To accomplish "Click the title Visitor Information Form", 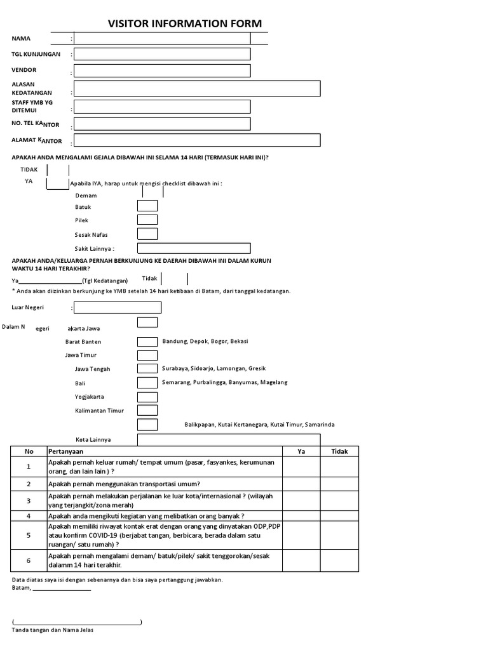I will tap(184, 23).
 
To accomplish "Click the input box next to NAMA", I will tap(162, 39).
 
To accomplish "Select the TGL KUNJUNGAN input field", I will tap(162, 55).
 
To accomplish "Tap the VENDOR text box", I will tap(162, 71).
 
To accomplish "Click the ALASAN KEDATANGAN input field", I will tap(197, 88).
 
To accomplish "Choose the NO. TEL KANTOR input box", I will tap(162, 124).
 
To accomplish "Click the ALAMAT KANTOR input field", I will tap(197, 140).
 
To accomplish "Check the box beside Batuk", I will tap(147, 206).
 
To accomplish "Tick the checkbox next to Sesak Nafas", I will tap(147, 234).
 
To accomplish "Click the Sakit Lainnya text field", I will tap(229, 248).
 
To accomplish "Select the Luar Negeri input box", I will tap(118, 308).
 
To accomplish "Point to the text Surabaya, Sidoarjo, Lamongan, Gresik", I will tap(214, 369).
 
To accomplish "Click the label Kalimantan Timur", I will tap(100, 411).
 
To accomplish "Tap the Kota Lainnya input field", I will tap(229, 439).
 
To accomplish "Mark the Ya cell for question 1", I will tap(301, 467).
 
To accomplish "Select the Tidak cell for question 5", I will tap(339, 535).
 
